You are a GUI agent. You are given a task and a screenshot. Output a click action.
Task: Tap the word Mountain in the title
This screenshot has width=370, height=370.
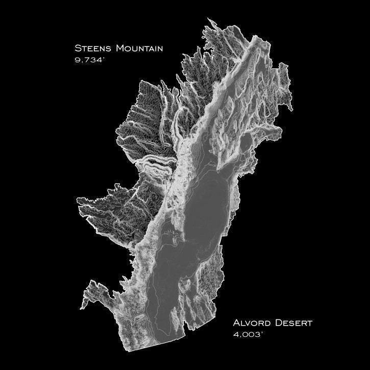(x=139, y=48)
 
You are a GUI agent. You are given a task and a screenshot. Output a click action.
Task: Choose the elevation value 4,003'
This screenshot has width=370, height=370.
(x=249, y=335)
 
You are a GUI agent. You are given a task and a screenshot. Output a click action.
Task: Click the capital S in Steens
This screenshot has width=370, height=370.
(x=78, y=48)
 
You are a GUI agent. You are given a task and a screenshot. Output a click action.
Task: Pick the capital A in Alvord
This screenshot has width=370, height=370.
(x=237, y=323)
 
